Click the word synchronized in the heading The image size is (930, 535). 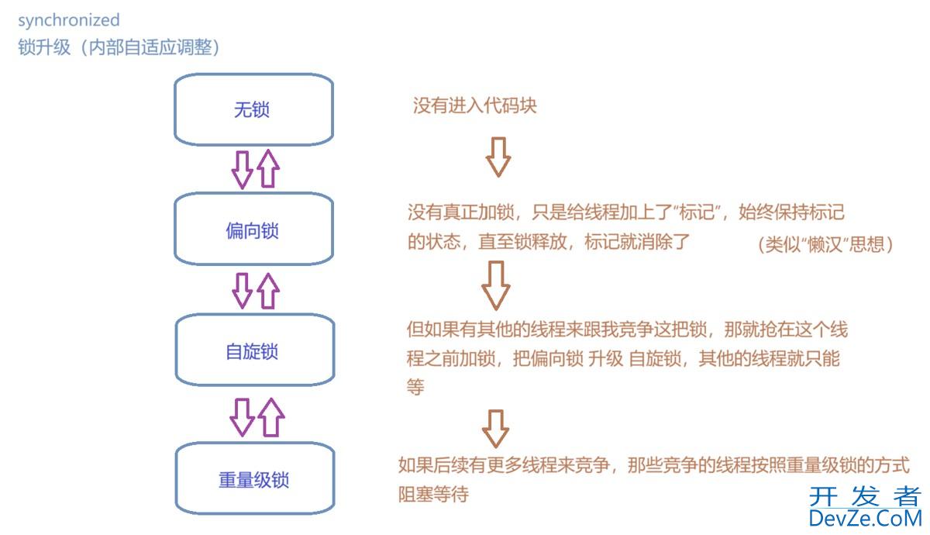69,20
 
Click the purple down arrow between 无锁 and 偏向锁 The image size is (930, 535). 242,169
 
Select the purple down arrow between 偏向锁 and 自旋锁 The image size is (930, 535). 243,291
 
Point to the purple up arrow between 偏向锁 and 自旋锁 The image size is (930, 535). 267,291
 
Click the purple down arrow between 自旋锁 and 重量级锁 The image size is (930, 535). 243,416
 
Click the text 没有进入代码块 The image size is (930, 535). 474,106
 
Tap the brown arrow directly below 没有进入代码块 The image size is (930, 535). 498,157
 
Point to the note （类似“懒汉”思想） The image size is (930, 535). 826,245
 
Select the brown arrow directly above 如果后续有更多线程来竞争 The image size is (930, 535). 496,429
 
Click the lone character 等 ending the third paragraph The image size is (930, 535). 415,388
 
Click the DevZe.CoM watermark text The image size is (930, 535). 865,518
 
